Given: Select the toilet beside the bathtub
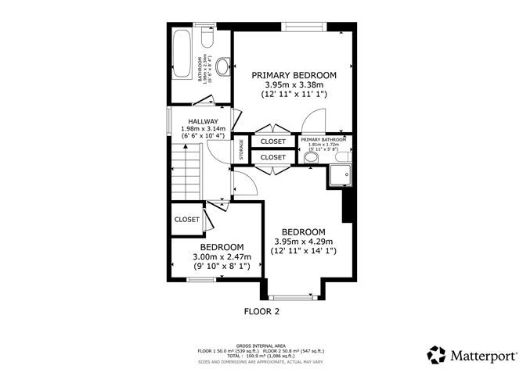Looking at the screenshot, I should (207, 39).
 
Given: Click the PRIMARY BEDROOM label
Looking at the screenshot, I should (294, 75).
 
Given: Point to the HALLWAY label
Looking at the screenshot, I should (203, 121).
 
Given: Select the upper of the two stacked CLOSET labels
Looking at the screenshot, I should (273, 142).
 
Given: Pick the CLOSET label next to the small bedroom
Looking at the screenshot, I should (186, 220).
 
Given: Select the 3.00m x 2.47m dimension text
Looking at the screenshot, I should (222, 256).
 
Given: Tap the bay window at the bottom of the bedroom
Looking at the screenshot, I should (293, 296).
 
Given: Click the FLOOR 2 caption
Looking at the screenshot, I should (261, 310).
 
